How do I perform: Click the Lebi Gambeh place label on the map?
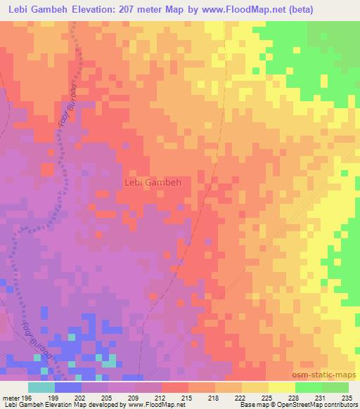click(x=153, y=182)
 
